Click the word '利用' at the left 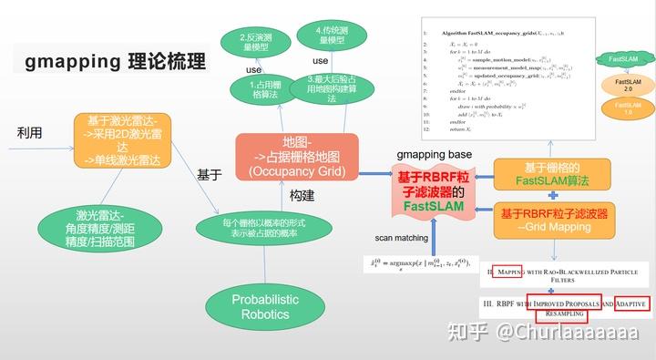(x=30, y=133)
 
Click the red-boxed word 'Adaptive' (x=630, y=303)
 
